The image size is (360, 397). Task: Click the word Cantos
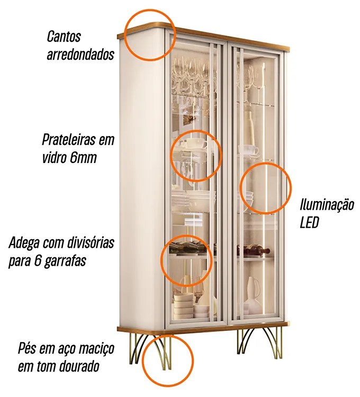(64, 36)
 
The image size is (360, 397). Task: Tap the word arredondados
(80, 54)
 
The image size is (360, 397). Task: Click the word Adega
(24, 243)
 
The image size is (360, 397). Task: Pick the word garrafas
(65, 261)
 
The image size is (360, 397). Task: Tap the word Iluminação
(327, 204)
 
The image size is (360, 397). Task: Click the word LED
(309, 223)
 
